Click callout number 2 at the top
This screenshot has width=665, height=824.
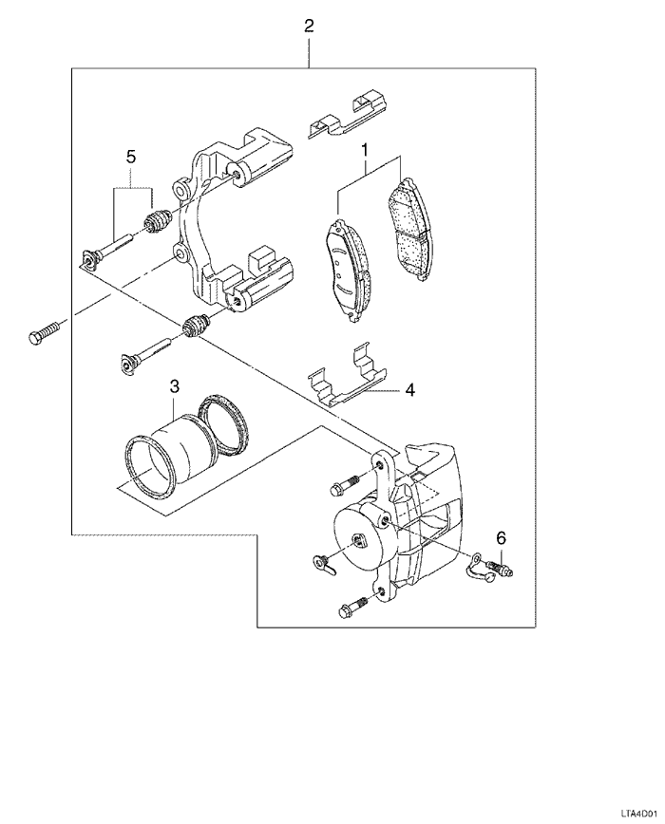[x=309, y=26]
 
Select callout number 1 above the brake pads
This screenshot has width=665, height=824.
[x=364, y=150]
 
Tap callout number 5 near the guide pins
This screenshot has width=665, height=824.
[x=131, y=156]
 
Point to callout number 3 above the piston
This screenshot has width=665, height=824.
[x=174, y=386]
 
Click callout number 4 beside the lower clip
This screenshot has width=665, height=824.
[x=410, y=390]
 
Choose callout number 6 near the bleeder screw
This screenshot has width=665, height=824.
[x=501, y=537]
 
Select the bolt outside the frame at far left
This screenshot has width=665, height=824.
[x=44, y=332]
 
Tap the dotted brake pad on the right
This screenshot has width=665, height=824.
[x=410, y=229]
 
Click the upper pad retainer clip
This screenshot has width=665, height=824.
[x=348, y=115]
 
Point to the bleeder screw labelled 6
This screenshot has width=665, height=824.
[x=500, y=568]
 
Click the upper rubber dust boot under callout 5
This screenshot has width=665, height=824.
[x=157, y=220]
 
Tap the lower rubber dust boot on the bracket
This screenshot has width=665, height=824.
[x=196, y=326]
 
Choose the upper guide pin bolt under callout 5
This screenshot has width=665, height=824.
[x=107, y=253]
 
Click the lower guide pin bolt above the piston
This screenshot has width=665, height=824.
[x=144, y=356]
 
